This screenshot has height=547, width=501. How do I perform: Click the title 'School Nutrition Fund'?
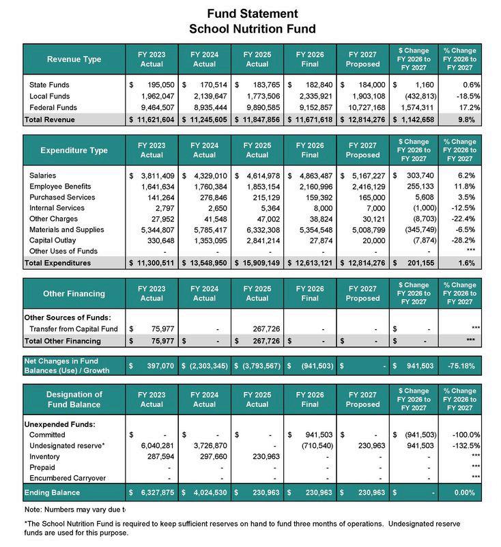[x=252, y=29]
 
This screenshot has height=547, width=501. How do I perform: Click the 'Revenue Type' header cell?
[x=74, y=59]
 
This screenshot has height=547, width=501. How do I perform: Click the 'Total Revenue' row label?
[x=50, y=120]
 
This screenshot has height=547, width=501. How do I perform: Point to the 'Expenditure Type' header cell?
[x=74, y=150]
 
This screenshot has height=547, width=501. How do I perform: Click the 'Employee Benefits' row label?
[x=60, y=186]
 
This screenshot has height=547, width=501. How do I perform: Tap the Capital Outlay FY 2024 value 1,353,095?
[x=209, y=240]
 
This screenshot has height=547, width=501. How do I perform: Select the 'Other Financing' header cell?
[x=74, y=293]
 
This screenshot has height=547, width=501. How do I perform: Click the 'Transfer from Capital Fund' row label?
[x=74, y=328]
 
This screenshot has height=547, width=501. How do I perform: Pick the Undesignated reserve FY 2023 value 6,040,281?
[x=156, y=445]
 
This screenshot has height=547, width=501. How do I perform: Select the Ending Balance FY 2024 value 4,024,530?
[x=209, y=492]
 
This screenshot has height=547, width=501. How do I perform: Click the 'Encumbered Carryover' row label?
[x=67, y=478]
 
